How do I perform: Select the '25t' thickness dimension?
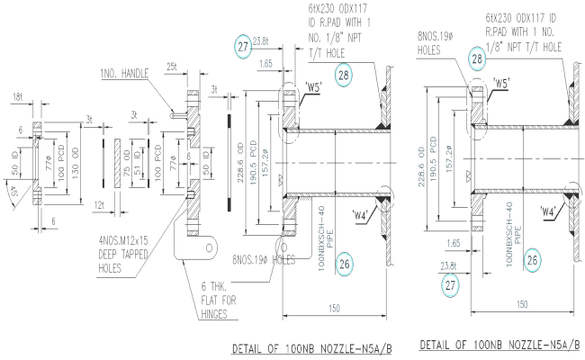click(x=172, y=67)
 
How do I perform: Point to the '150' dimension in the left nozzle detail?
click(x=335, y=307)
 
